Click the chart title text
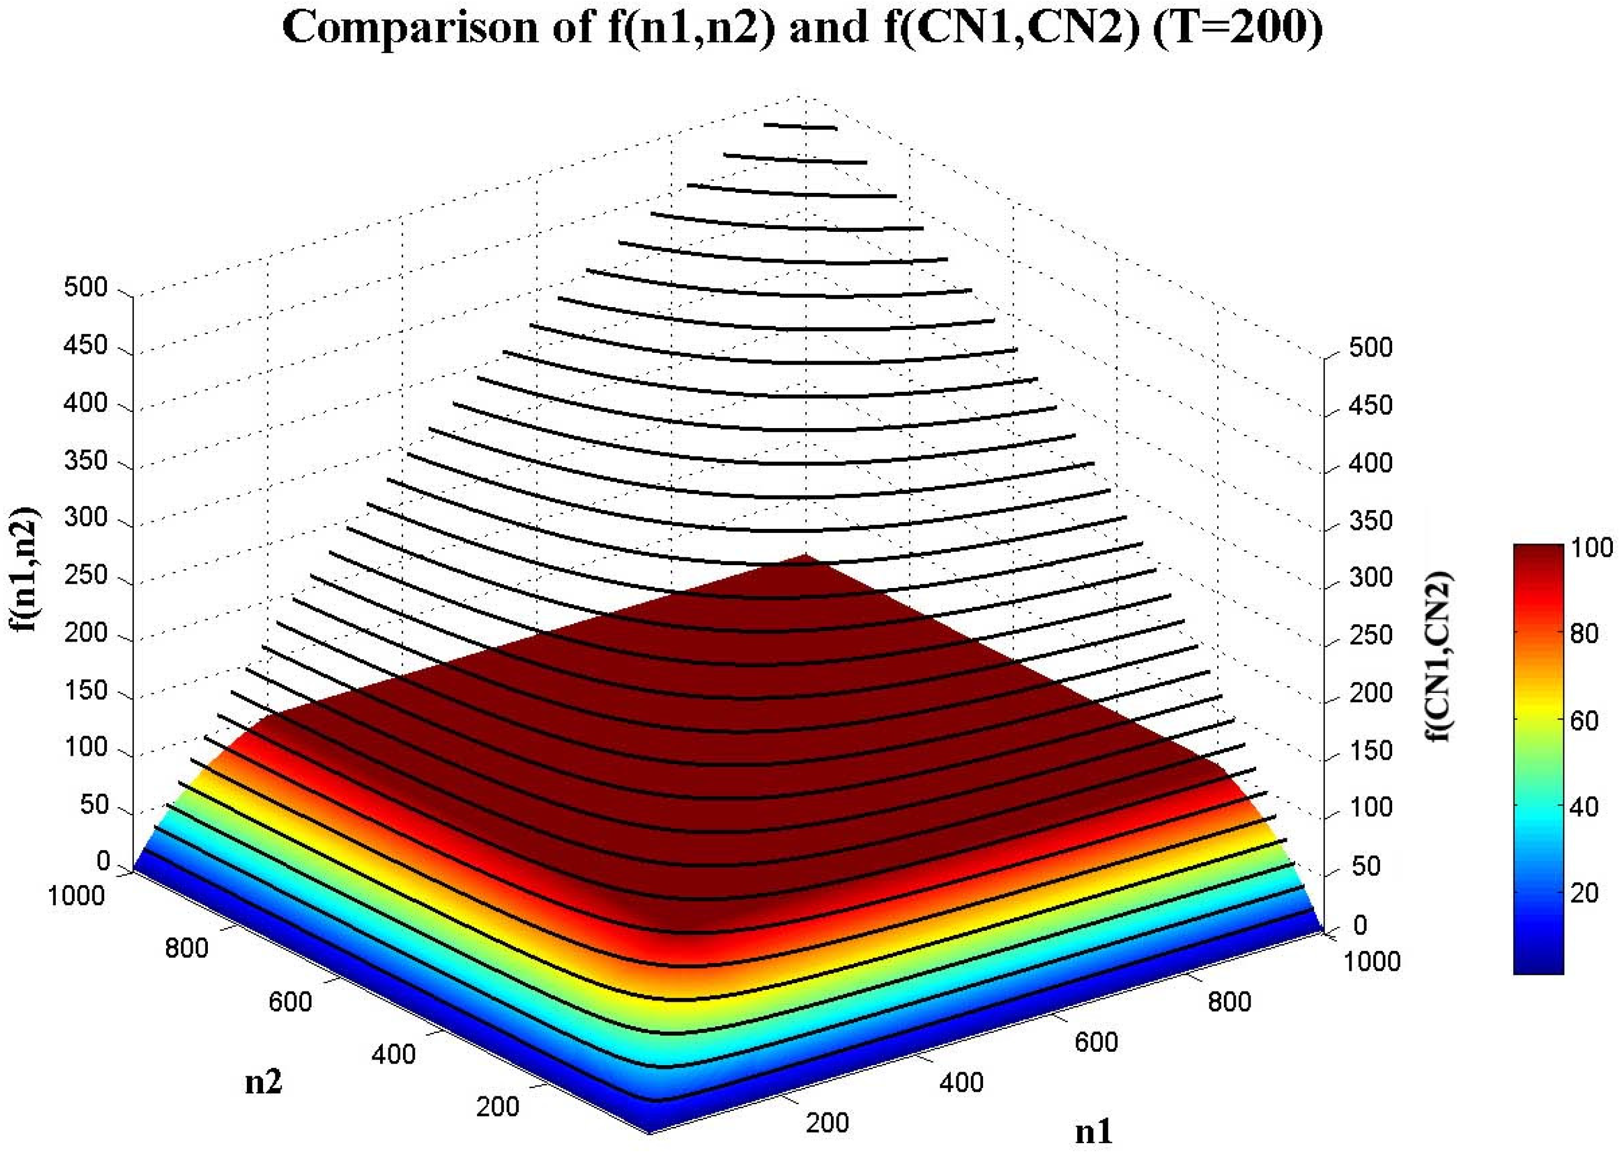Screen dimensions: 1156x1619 pos(802,28)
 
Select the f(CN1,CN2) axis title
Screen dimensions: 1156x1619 pos(1440,656)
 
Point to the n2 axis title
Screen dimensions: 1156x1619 pos(263,1082)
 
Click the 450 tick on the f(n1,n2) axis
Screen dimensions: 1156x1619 pos(85,346)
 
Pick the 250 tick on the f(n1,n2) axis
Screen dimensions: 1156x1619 pos(85,575)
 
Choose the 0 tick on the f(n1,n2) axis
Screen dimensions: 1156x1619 pos(103,861)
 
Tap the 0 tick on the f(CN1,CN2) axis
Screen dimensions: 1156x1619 pos(1360,925)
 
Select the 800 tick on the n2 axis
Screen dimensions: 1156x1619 pos(187,948)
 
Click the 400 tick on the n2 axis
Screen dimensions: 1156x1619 pos(393,1054)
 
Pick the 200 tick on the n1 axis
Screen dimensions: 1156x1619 pos(828,1123)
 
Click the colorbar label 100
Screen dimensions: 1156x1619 pos(1592,547)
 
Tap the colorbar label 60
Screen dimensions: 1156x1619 pos(1584,720)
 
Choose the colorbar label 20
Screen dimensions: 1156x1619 pos(1584,892)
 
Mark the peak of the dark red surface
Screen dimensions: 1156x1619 pos(805,556)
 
